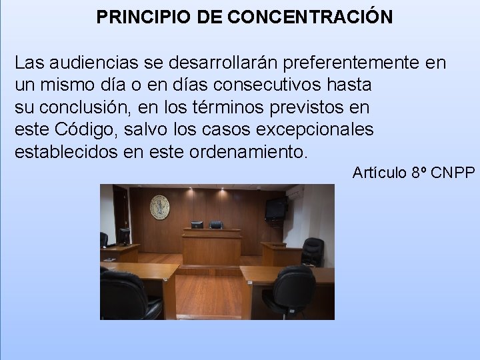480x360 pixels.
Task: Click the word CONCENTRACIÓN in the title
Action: click(x=310, y=17)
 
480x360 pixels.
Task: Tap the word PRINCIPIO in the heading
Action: click(x=144, y=17)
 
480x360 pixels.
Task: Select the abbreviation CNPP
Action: click(x=453, y=173)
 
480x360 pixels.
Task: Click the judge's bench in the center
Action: click(x=211, y=248)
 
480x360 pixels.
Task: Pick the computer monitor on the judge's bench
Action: click(x=197, y=226)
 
